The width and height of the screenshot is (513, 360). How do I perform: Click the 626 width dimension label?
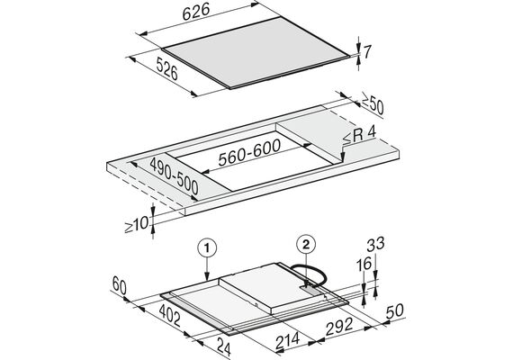pyautogui.click(x=196, y=12)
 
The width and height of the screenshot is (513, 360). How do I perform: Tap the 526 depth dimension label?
pyautogui.click(x=166, y=68)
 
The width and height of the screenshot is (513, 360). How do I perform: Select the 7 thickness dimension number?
pyautogui.click(x=367, y=51)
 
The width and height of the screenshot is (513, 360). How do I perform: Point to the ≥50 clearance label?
pyautogui.click(x=372, y=103)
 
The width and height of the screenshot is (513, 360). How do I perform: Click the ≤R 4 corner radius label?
pyautogui.click(x=359, y=134)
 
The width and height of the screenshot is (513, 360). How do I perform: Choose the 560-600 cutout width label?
pyautogui.click(x=249, y=152)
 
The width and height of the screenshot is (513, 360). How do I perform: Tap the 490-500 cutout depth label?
pyautogui.click(x=174, y=175)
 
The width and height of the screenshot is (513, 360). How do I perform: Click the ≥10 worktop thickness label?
pyautogui.click(x=137, y=224)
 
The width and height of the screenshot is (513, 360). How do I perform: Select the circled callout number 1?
pyautogui.click(x=207, y=248)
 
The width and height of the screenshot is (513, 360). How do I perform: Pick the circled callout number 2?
pyautogui.click(x=306, y=244)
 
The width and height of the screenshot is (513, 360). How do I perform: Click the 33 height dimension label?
pyautogui.click(x=375, y=244)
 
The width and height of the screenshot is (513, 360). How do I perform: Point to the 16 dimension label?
pyautogui.click(x=364, y=264)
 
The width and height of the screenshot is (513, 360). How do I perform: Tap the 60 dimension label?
pyautogui.click(x=119, y=285)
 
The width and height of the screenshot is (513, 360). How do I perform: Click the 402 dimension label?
pyautogui.click(x=170, y=315)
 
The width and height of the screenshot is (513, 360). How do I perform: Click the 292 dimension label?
pyautogui.click(x=339, y=326)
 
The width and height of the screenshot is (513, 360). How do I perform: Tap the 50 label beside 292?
pyautogui.click(x=394, y=310)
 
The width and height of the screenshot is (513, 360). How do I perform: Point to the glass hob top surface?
pyautogui.click(x=256, y=52)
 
